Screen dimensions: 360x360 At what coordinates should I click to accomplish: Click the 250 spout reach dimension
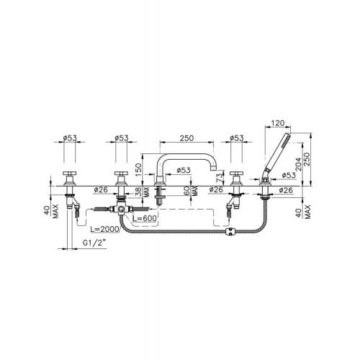pos(186,138)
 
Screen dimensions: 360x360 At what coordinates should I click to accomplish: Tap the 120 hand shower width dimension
pos(278,123)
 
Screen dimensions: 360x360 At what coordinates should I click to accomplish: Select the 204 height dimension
pos(298,164)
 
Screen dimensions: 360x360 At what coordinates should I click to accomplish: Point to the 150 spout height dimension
pos(138,170)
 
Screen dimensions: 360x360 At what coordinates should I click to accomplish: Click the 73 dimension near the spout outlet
pos(220,178)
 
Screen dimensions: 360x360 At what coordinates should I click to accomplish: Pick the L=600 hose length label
pos(145,218)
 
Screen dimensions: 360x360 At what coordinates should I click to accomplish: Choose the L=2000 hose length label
pos(104,229)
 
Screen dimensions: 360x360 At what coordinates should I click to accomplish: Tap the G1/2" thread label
pos(94,243)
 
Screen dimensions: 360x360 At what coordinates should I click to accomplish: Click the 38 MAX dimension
pos(143,192)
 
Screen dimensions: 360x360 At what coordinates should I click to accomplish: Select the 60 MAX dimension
pos(191,192)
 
